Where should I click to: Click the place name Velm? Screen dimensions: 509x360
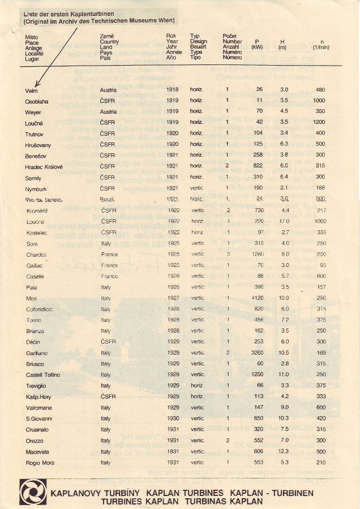coord(31,90)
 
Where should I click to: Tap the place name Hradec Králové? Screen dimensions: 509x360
coord(44,167)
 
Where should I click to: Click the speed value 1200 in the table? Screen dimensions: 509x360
coord(319,122)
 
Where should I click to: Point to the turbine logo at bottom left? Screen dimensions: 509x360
coord(33,493)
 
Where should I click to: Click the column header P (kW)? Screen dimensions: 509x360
coord(258,45)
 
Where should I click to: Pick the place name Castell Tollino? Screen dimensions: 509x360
coord(43,375)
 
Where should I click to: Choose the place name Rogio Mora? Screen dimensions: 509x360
coord(39,463)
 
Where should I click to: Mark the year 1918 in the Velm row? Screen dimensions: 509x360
coord(172,90)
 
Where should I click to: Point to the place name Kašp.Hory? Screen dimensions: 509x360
coord(38,396)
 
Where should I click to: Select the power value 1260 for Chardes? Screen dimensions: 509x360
coord(258,255)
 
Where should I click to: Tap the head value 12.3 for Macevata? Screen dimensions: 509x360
coord(285,451)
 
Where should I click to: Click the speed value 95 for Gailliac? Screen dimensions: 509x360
coord(322,265)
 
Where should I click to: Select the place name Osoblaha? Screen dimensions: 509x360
coord(37,101)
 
